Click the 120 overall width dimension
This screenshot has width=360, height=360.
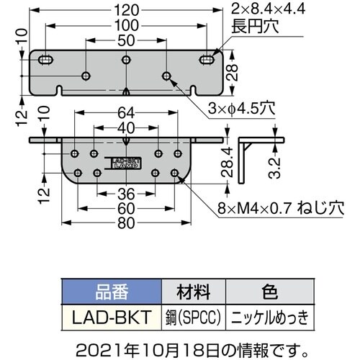pyautogui.click(x=126, y=10)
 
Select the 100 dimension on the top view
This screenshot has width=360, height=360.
pyautogui.click(x=126, y=24)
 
